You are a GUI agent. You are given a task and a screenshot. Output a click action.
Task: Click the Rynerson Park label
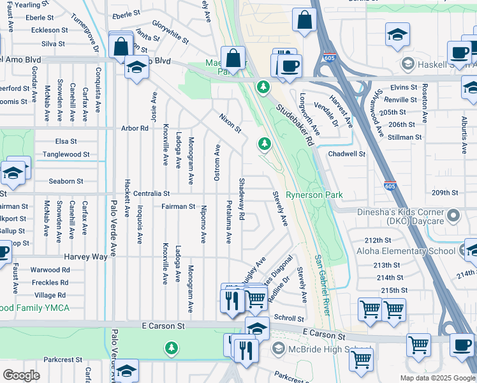tap(314, 195)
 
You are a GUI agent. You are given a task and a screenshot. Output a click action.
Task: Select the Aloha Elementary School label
tap(410, 251)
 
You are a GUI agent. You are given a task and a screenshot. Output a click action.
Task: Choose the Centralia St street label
tap(149, 193)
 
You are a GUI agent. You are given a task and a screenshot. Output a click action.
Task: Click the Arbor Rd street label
tap(135, 128)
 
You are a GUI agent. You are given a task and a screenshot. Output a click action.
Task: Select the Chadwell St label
tap(346, 154)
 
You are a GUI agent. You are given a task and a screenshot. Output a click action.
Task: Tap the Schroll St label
tap(289, 318)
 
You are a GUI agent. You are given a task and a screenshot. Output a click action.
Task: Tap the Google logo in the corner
tap(21, 375)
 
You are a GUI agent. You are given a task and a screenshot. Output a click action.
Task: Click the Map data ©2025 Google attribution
tap(437, 378)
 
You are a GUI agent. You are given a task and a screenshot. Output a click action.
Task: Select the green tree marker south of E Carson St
tap(170, 349)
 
